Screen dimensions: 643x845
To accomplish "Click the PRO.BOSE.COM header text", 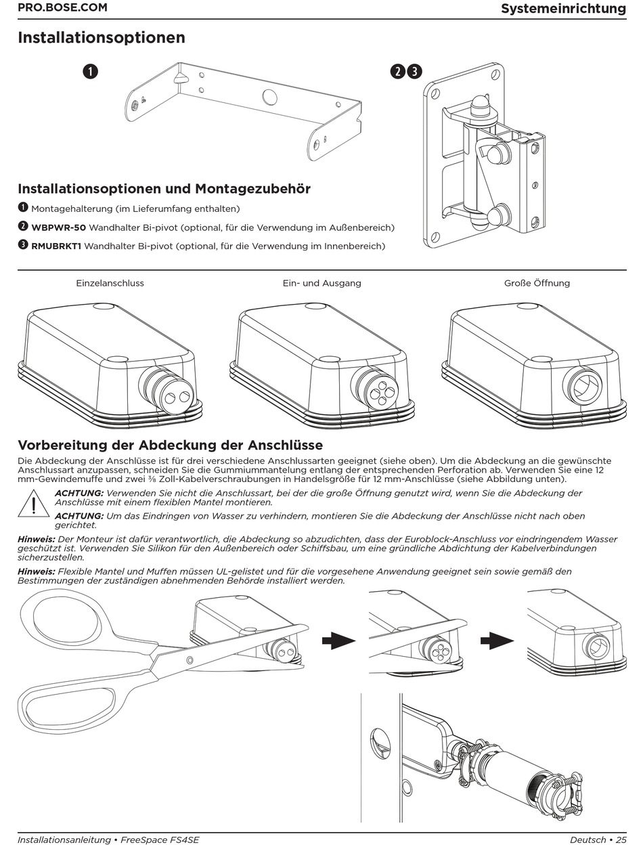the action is tap(62, 8).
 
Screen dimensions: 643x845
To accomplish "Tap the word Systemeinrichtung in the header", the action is tap(563, 9).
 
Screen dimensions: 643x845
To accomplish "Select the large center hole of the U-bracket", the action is tap(269, 97).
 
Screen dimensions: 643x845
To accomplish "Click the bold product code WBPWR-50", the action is tap(58, 227).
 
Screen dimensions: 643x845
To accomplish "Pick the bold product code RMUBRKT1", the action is tap(56, 246).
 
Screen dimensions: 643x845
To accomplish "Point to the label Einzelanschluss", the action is tap(110, 283).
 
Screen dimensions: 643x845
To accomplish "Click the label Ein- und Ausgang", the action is tap(321, 283).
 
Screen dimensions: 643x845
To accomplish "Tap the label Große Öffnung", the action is tap(537, 283).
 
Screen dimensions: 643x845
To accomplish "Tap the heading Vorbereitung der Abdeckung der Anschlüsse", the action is tap(170, 445).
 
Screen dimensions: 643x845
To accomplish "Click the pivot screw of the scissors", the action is tap(190, 659).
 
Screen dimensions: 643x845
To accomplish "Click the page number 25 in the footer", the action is tap(621, 840).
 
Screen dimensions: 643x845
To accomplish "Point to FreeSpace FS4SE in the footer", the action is tap(160, 840).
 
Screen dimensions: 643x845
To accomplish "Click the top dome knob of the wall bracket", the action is tap(479, 105).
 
